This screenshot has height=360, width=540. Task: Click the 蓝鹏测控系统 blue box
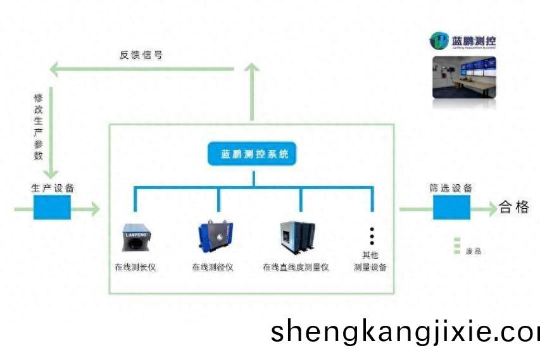click(253, 155)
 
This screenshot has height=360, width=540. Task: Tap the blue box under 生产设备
click(52, 206)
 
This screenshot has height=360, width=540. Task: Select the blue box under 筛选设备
click(451, 207)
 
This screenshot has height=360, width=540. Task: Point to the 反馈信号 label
click(141, 55)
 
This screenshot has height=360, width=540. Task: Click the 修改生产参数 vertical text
click(39, 127)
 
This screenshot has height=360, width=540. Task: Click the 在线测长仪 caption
click(135, 267)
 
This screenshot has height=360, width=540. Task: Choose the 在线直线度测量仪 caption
click(296, 267)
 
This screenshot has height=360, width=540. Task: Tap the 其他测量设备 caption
click(371, 261)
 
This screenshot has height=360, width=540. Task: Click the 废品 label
click(473, 251)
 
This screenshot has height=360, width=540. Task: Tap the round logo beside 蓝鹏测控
click(439, 41)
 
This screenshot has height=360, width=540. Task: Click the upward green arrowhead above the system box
click(253, 67)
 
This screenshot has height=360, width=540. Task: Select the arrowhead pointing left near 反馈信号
click(55, 68)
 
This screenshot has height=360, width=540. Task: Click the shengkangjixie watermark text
click(405, 332)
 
